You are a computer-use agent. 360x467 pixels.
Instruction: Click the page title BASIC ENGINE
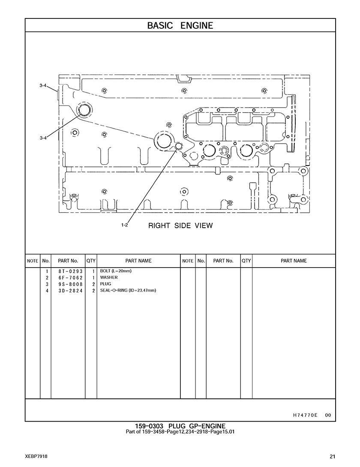coord(180,26)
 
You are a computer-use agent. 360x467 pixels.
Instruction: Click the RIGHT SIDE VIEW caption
coord(180,226)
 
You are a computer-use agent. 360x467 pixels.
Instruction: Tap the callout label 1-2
coord(124,225)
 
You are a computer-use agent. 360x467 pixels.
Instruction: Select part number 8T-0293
coord(71,271)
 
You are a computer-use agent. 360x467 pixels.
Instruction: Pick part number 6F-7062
coord(71,277)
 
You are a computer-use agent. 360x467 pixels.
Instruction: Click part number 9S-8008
coord(71,284)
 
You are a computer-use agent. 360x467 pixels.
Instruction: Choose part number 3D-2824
coord(71,290)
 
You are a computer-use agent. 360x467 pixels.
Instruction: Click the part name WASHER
coord(109,277)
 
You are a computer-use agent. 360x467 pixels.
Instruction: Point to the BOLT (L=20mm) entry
coord(116,271)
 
